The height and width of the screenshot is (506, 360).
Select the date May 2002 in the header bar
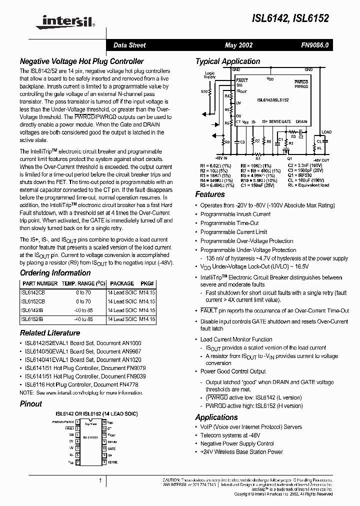tap(238, 45)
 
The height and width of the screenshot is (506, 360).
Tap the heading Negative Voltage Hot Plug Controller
tap(82, 61)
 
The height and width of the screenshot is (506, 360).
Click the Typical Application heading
tap(227, 61)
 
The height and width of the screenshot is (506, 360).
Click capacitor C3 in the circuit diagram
tap(242, 142)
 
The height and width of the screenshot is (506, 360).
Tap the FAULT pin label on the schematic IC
tap(242, 80)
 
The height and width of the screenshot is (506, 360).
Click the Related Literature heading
tap(50, 333)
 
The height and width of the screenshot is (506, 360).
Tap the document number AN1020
tap(132, 359)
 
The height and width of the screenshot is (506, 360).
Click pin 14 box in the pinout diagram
tap(104, 422)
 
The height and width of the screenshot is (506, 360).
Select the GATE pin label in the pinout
tap(111, 449)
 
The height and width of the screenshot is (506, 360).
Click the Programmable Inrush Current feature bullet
tap(235, 214)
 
